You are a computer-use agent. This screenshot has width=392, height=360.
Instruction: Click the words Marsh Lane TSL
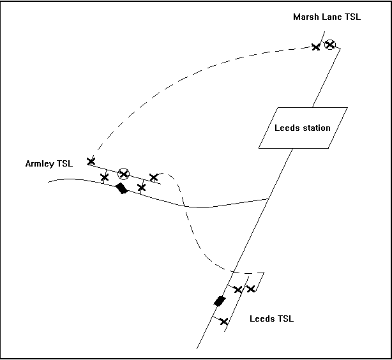click(326, 17)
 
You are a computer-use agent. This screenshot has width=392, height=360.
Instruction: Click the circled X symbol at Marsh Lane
click(329, 45)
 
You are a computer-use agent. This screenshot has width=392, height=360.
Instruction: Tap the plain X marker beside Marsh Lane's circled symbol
click(315, 47)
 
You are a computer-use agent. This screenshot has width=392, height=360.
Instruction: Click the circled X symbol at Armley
click(124, 174)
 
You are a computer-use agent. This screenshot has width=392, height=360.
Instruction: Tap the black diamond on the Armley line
click(121, 188)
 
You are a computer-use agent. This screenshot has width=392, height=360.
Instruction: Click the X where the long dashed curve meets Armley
click(91, 161)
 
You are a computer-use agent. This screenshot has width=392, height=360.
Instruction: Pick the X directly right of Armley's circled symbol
click(153, 177)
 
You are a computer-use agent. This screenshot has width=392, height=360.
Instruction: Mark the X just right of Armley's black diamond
click(142, 188)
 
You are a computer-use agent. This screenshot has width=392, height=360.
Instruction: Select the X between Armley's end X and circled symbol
click(105, 177)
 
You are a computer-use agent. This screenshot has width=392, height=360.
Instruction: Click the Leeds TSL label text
click(271, 319)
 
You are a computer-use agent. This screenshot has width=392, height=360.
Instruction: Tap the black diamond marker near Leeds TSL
click(220, 301)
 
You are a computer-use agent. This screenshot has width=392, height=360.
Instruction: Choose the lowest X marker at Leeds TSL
click(223, 321)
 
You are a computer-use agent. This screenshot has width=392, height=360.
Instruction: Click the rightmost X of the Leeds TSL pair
click(251, 289)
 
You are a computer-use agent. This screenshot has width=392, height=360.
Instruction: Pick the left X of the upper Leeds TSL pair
click(238, 290)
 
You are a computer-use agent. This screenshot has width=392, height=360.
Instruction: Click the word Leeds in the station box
click(287, 128)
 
